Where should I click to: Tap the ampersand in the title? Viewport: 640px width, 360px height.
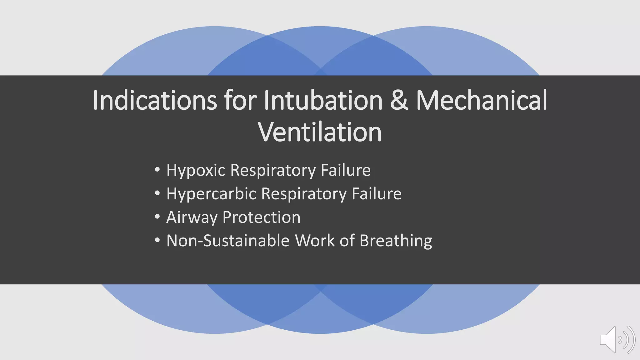[x=399, y=101]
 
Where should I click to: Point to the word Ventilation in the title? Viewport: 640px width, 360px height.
[x=320, y=132]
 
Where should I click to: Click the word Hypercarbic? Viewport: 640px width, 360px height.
[x=211, y=194]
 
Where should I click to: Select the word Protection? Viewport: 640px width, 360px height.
[x=261, y=217]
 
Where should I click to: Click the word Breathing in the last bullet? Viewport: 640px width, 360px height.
[x=396, y=241]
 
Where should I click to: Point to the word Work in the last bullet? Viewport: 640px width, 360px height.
[x=315, y=241]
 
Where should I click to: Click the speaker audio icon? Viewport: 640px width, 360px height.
[x=617, y=340]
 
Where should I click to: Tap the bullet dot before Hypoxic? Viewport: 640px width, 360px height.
[x=157, y=170]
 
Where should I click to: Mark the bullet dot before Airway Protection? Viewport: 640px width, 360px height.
[x=157, y=217]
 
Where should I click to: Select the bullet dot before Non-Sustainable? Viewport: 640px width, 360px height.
[x=157, y=240]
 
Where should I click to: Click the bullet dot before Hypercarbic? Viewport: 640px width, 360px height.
[x=157, y=193]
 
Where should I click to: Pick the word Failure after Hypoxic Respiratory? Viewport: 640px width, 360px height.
[x=346, y=170]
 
